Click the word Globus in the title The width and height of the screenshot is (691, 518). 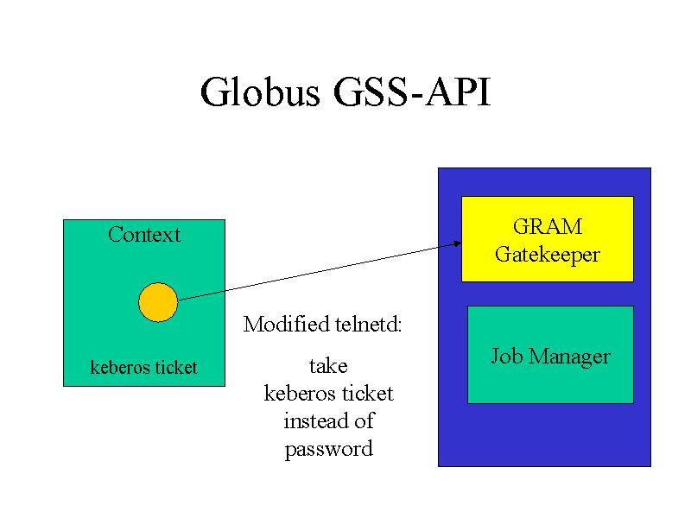(x=260, y=92)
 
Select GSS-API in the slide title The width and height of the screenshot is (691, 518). (x=412, y=92)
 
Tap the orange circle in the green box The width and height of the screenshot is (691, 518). (x=158, y=302)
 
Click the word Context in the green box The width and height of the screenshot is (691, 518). (x=144, y=234)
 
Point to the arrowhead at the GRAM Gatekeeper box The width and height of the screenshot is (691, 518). (x=458, y=243)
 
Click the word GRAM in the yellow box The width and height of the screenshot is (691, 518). (x=548, y=227)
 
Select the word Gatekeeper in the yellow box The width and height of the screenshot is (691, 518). (x=548, y=255)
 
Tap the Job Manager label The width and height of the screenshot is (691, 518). (x=550, y=356)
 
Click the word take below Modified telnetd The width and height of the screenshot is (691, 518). (x=328, y=366)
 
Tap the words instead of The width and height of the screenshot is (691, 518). (x=329, y=420)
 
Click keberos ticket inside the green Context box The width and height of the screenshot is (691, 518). (x=143, y=368)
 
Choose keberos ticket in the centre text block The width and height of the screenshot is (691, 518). (x=329, y=393)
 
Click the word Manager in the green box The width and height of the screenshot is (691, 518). (x=569, y=357)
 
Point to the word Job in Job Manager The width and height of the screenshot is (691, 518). (x=507, y=355)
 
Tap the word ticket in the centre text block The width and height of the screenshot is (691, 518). (x=368, y=393)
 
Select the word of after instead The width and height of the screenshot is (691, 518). (x=364, y=420)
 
